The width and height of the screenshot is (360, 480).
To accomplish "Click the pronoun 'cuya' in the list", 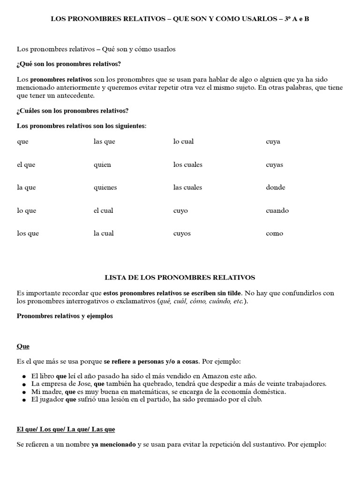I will pyautogui.click(x=273, y=142).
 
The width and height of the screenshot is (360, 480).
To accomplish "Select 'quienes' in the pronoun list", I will pyautogui.click(x=105, y=187).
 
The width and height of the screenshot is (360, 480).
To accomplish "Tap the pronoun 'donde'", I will pyautogui.click(x=275, y=187).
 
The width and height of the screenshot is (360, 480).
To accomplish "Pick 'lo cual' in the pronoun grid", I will pyautogui.click(x=183, y=142).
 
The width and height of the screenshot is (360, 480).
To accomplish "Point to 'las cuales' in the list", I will pyautogui.click(x=187, y=187).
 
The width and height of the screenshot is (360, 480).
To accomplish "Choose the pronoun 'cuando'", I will pyautogui.click(x=277, y=210).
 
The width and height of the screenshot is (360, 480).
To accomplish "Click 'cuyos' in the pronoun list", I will pyautogui.click(x=182, y=233).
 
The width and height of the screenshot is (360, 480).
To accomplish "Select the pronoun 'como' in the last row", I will pyautogui.click(x=274, y=233).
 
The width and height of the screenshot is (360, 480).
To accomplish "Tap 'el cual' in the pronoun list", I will pyautogui.click(x=103, y=210).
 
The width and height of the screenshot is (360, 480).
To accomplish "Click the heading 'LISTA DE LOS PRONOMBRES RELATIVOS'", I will pyautogui.click(x=180, y=277).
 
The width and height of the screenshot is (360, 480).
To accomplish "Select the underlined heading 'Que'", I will pyautogui.click(x=23, y=346).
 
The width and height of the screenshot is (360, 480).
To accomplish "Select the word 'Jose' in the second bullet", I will pyautogui.click(x=78, y=383).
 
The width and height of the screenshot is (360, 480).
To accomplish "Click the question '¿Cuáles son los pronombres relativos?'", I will pyautogui.click(x=73, y=111).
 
